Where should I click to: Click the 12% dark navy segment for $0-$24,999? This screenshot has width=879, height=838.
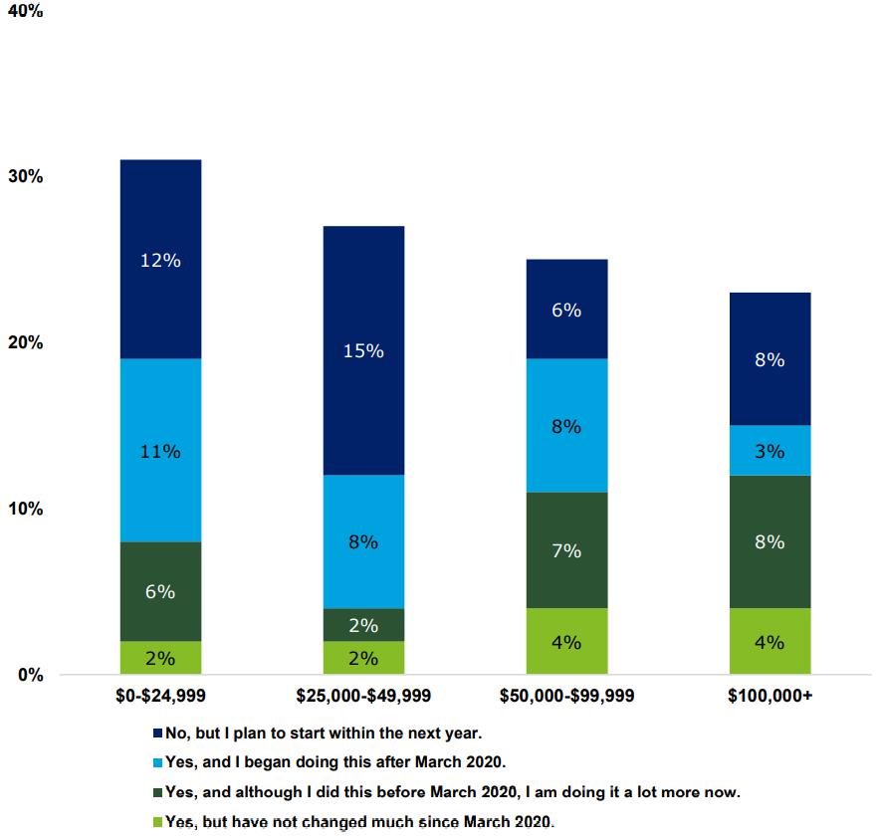click(160, 259)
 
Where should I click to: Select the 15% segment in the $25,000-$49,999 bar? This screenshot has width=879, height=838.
click(363, 350)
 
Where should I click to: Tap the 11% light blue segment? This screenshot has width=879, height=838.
click(160, 450)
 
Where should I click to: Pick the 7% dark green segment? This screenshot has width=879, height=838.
click(566, 549)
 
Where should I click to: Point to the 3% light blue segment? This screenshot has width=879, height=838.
click(769, 451)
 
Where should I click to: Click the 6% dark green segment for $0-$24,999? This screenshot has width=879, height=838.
click(160, 591)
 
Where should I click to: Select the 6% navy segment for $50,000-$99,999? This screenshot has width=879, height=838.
click(566, 309)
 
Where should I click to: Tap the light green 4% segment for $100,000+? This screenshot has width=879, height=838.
click(769, 641)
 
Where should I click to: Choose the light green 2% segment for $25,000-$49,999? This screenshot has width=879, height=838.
click(363, 658)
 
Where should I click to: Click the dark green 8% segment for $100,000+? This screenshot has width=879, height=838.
click(769, 541)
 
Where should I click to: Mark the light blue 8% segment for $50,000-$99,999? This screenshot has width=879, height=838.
click(566, 425)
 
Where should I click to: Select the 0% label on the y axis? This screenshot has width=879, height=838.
click(29, 675)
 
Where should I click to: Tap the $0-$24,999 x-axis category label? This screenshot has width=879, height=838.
click(160, 696)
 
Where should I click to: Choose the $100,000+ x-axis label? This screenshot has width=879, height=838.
click(769, 696)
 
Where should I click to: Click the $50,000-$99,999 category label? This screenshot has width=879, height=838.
click(566, 696)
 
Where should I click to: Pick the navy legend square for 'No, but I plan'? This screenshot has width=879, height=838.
click(157, 733)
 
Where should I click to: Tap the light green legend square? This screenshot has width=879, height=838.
click(157, 822)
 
